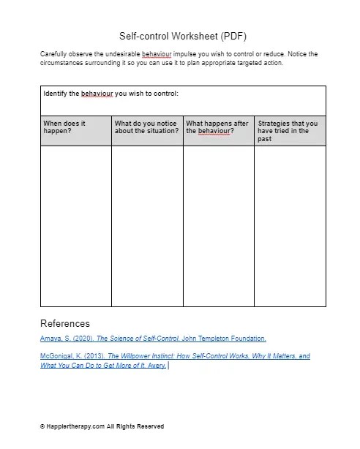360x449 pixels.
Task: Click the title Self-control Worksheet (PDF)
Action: point(182,35)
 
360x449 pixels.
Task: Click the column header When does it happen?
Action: point(64,127)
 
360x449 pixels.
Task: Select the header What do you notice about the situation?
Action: point(146,127)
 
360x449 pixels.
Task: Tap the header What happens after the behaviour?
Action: point(217,127)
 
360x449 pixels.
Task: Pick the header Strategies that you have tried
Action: point(288,131)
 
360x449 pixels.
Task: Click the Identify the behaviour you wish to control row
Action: point(110,94)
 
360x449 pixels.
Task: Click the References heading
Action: point(65,323)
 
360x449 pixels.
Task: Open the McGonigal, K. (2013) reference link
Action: point(175,360)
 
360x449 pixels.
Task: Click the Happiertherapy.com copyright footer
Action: point(102,426)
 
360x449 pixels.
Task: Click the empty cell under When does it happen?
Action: point(75,225)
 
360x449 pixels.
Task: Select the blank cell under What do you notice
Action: point(146,225)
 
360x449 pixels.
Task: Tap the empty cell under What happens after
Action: point(217,225)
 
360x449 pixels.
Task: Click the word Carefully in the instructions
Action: point(53,55)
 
